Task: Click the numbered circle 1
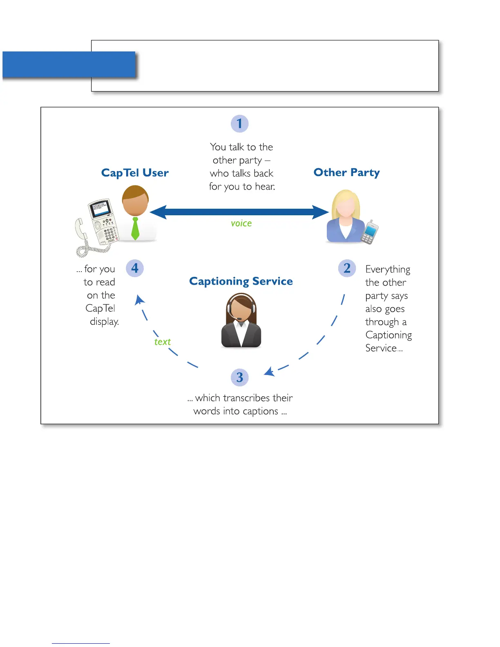pos(240,124)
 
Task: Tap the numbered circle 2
pos(347,268)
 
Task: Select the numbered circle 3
pos(240,377)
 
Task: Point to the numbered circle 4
pos(135,268)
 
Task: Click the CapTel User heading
pos(135,173)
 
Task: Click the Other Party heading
pos(346,172)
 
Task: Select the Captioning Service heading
pos(241,281)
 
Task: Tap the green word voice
pos(241,223)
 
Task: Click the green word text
pos(162,342)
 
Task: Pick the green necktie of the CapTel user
pos(135,228)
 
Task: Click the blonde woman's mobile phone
pos(370,232)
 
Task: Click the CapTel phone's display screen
pos(100,208)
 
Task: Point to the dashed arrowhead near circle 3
pos(269,372)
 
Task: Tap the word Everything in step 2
pos(388,270)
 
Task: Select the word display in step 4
pos(104,322)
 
